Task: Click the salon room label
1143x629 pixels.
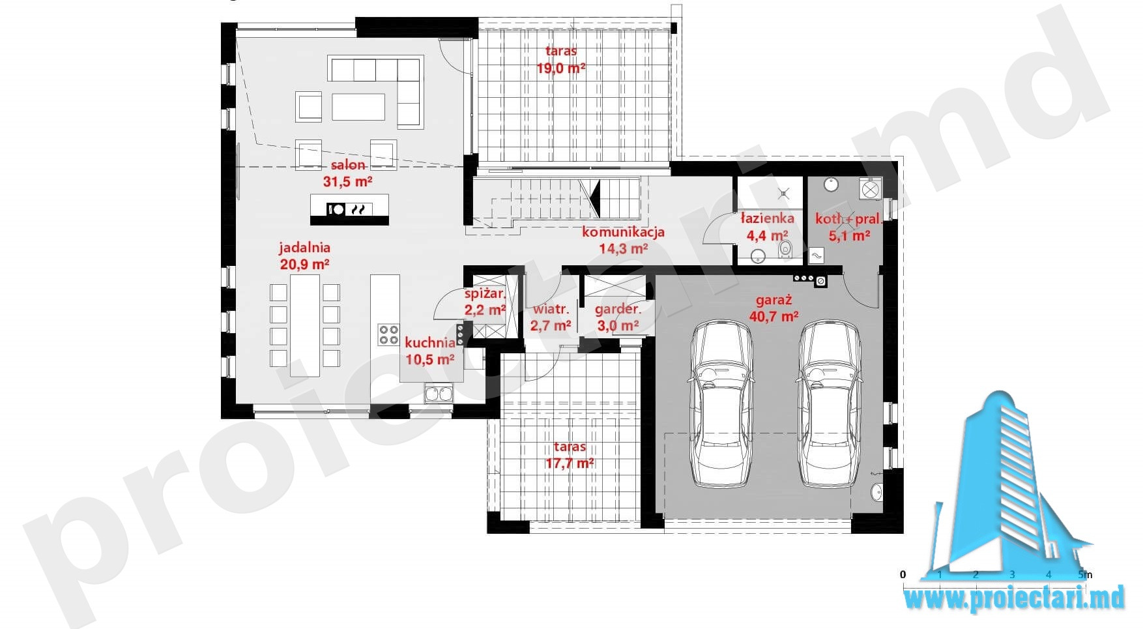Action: tap(348, 165)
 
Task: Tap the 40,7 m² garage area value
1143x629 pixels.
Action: tap(774, 317)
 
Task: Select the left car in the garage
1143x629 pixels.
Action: tap(721, 403)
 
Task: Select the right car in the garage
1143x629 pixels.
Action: tap(829, 403)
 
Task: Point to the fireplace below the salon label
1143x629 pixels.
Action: tap(349, 209)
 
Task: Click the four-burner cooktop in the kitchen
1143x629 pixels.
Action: tap(388, 335)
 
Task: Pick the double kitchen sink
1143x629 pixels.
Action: tap(439, 394)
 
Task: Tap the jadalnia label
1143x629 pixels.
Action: tap(304, 248)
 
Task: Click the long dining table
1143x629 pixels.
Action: tap(305, 326)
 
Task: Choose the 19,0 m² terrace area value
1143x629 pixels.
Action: tap(560, 67)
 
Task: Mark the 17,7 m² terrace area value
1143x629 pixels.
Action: tap(570, 463)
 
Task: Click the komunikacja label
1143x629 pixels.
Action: tap(623, 231)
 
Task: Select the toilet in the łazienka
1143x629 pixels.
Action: tap(785, 248)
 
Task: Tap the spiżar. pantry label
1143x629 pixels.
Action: tap(485, 295)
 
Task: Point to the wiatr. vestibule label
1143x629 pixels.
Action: tap(551, 309)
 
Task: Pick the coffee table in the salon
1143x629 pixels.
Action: tap(358, 107)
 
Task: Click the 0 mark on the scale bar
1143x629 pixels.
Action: tap(903, 574)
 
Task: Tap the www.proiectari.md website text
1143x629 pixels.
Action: tap(1015, 598)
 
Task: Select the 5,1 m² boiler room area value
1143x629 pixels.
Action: tap(850, 235)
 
